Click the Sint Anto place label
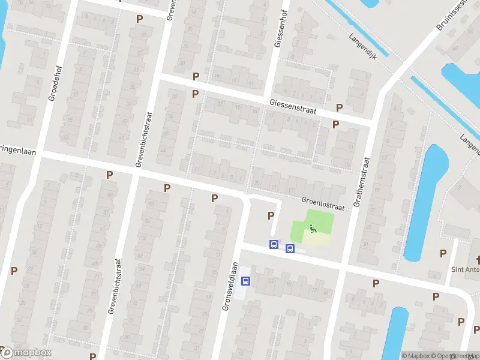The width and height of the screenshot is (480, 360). [x=465, y=269]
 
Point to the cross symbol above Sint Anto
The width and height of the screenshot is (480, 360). [x=478, y=260]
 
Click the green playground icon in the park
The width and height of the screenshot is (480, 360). [x=313, y=228]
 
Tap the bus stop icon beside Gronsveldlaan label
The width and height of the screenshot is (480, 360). [x=245, y=280]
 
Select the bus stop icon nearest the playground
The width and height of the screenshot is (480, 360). [x=290, y=249]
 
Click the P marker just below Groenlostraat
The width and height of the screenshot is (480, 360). [x=271, y=215]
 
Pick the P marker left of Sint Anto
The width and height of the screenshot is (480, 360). [x=443, y=253]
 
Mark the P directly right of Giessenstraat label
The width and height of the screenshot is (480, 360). [x=339, y=107]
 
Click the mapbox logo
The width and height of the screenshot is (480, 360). [x=27, y=353]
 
